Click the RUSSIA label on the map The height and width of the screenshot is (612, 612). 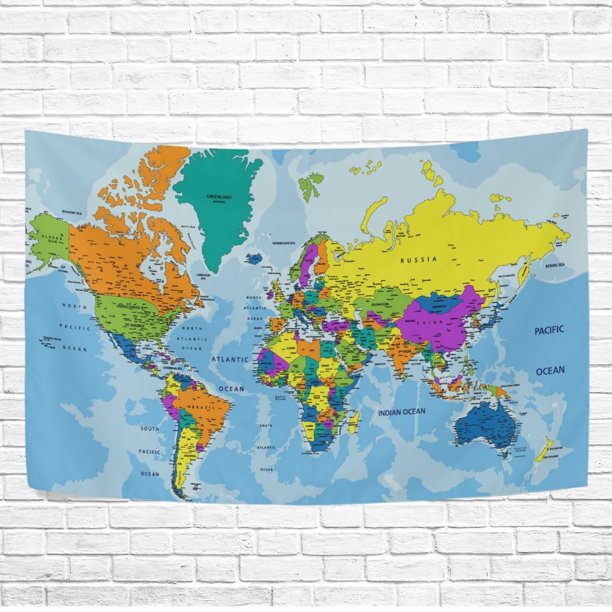(x=420, y=260)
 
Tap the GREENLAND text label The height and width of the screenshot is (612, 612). (x=218, y=197)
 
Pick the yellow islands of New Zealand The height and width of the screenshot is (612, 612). (x=546, y=450)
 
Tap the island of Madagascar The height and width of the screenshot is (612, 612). (x=354, y=420)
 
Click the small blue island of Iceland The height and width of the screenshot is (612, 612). (x=254, y=258)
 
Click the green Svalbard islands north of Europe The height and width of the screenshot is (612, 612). (x=312, y=181)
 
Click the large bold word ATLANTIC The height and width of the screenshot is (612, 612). (x=230, y=359)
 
